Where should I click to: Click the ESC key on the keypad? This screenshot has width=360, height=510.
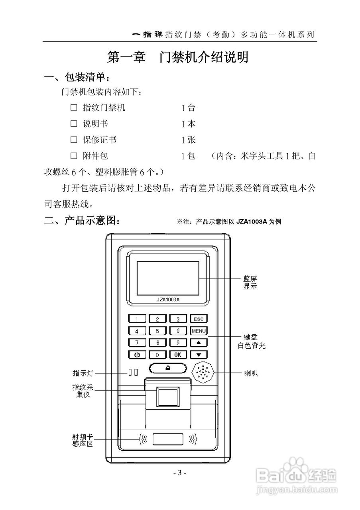point(199,319)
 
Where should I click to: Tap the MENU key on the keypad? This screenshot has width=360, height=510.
point(199,331)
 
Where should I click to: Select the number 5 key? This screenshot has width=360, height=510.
point(157,331)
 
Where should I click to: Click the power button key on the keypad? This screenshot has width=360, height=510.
point(137,354)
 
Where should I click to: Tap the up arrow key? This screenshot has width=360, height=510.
point(199,342)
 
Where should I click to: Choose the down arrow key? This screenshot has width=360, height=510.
point(199,354)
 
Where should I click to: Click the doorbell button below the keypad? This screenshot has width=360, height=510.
point(167,368)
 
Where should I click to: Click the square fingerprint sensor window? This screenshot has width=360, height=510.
point(167,397)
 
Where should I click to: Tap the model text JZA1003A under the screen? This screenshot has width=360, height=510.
point(167,300)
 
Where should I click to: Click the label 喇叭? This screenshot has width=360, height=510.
point(251,373)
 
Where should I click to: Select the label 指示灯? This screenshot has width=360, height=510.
point(83,373)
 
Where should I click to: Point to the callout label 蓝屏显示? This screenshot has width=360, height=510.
point(250,282)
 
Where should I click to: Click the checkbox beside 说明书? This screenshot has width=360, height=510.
point(73,124)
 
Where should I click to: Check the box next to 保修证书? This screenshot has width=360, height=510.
point(73,139)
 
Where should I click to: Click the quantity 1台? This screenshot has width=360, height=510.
point(188,108)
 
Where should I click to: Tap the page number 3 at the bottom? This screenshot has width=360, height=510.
point(180,473)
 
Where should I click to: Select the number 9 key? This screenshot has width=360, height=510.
point(178,342)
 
